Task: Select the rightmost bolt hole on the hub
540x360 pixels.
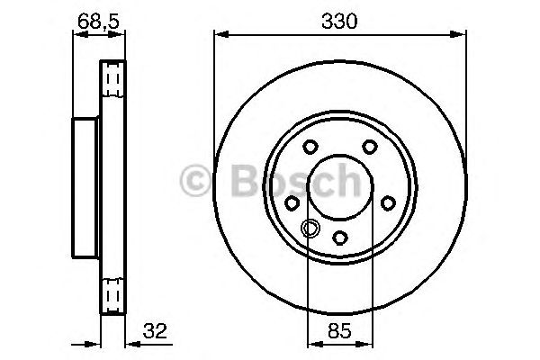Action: (x=388, y=203)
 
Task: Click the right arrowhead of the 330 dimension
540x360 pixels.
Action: (x=461, y=36)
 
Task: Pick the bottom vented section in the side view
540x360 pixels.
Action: (x=112, y=293)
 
